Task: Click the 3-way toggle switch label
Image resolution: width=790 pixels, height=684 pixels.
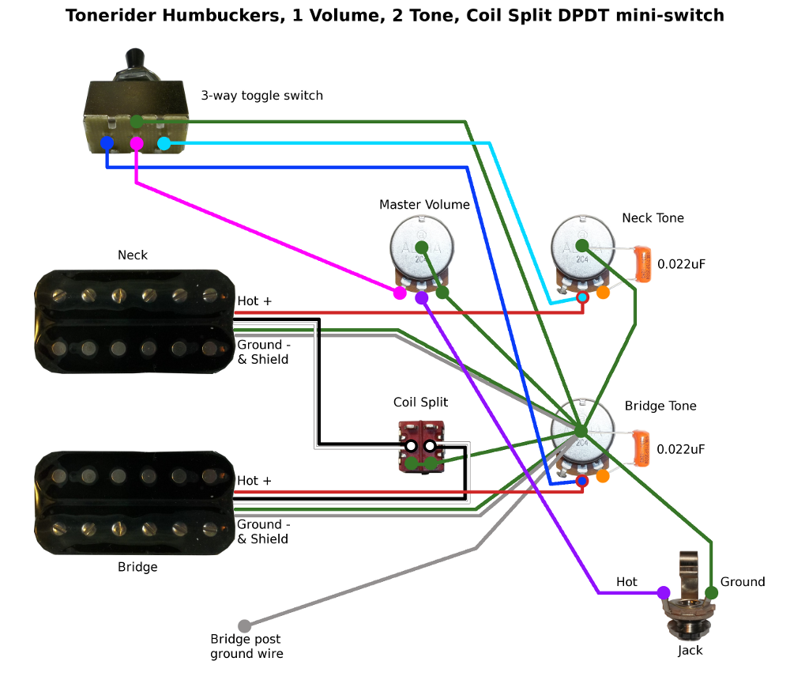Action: click(261, 96)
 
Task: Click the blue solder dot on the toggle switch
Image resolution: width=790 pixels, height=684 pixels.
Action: click(107, 143)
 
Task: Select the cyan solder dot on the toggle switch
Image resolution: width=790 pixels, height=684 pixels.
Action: click(164, 143)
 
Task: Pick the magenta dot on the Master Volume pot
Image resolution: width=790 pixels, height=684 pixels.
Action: click(401, 293)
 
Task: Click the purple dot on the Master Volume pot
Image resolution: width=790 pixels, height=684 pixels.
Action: click(422, 297)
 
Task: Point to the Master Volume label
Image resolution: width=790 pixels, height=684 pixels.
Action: click(424, 205)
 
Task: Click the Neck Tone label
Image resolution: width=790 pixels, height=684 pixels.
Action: click(653, 218)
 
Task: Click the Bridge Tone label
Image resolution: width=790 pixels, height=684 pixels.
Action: click(660, 406)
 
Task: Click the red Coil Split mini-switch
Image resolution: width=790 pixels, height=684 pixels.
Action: click(421, 448)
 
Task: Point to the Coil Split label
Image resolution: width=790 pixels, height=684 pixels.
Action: click(420, 402)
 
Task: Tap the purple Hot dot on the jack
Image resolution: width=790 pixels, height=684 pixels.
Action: click(664, 592)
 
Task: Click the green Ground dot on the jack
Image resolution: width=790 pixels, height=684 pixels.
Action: click(711, 592)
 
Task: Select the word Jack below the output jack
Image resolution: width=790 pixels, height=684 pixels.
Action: click(690, 651)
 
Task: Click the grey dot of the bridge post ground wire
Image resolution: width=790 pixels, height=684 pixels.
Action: click(245, 625)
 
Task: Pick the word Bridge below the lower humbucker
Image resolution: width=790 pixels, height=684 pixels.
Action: click(137, 567)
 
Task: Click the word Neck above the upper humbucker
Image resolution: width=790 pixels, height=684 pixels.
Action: click(133, 255)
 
